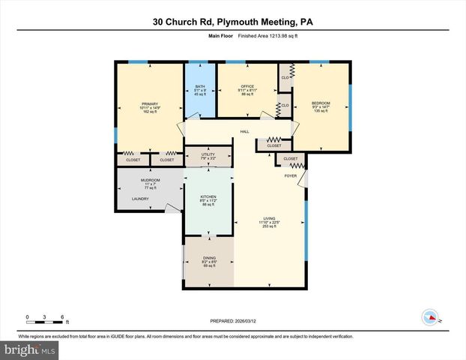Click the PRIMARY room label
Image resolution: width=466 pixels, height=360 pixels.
tap(150, 103)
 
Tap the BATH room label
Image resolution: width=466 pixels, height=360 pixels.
tap(200, 85)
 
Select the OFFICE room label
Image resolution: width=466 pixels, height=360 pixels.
tap(247, 86)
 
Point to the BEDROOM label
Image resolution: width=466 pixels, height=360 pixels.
tap(321, 103)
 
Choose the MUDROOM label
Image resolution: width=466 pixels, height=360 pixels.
tap(150, 180)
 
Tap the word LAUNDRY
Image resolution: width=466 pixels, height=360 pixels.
tap(140, 199)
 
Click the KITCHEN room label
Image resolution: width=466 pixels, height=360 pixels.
tap(208, 196)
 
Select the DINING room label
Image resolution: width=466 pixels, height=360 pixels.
tap(209, 258)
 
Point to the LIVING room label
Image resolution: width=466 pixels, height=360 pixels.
tap(269, 217)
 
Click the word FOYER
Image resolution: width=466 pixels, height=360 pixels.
tap(291, 175)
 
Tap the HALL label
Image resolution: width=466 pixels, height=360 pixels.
tap(244, 131)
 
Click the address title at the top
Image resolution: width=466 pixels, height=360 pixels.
tap(233, 22)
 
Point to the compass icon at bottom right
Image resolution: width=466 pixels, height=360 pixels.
tap(430, 316)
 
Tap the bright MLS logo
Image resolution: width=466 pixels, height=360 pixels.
tap(30, 349)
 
